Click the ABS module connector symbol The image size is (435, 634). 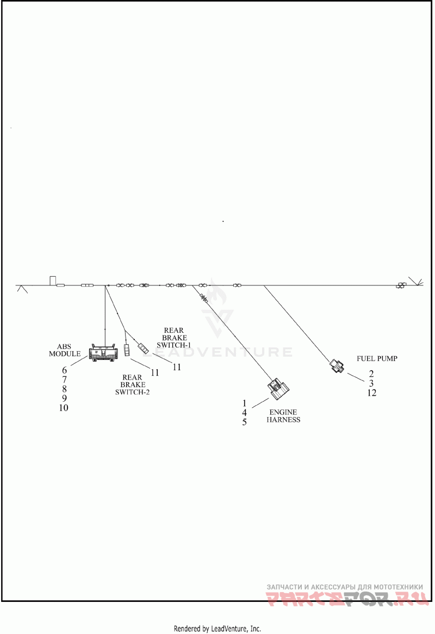(x=103, y=352)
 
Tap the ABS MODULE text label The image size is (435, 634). (x=65, y=350)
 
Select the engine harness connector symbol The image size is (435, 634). (x=278, y=387)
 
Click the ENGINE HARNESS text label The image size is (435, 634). (x=283, y=416)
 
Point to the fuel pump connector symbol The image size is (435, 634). (x=337, y=365)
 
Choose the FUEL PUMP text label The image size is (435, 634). (x=377, y=359)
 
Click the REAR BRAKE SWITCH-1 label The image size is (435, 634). (x=174, y=338)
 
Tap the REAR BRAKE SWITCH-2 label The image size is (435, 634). (x=132, y=384)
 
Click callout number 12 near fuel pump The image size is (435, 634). (x=372, y=393)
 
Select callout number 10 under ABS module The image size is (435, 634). (x=64, y=408)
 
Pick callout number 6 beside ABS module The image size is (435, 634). (x=64, y=370)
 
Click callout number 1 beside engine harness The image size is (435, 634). (x=244, y=403)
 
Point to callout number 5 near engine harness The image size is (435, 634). (x=244, y=422)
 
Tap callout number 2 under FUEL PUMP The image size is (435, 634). (x=371, y=374)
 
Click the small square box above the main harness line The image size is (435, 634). (x=53, y=281)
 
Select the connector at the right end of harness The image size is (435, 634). (x=400, y=285)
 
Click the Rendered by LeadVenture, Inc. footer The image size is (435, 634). (x=217, y=629)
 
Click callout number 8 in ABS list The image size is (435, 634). (x=64, y=389)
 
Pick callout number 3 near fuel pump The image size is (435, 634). (x=371, y=383)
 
